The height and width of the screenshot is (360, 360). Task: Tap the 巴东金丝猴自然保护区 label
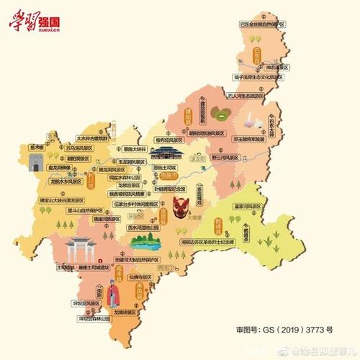pos(264,24)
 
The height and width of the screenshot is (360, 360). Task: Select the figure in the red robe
pos(112,295)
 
